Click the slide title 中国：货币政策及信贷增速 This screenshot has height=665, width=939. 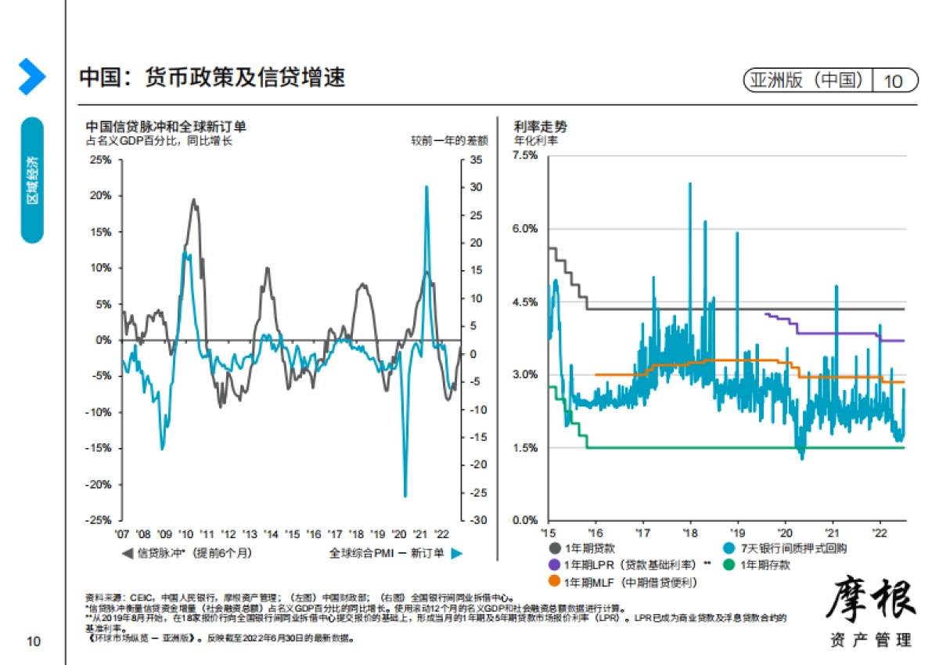tap(212, 78)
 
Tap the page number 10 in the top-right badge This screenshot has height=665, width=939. tap(893, 81)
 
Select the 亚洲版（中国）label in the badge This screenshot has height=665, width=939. tap(809, 81)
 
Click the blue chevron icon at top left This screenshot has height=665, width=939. tap(31, 77)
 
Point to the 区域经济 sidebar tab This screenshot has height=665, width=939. tap(32, 180)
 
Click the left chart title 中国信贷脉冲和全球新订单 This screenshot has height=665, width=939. tap(166, 127)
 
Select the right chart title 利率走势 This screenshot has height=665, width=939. tap(541, 126)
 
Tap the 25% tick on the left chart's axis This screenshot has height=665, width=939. tap(102, 160)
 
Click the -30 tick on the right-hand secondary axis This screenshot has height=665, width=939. tap(477, 520)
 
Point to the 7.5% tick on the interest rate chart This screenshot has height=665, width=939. tap(525, 155)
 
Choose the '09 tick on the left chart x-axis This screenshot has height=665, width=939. tap(164, 533)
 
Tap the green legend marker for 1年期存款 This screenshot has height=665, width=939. tap(729, 565)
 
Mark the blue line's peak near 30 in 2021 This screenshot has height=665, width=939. tap(426, 186)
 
